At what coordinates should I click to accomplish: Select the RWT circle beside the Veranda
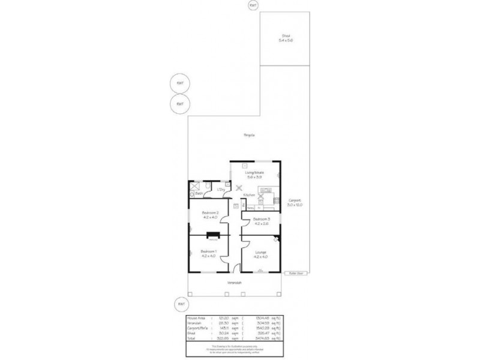click(x=179, y=304)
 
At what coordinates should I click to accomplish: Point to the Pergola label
click(x=249, y=135)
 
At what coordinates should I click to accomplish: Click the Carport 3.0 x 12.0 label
click(x=295, y=203)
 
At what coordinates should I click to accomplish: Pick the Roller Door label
click(x=294, y=274)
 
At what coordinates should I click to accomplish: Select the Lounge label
click(x=260, y=254)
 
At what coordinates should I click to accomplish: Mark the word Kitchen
click(x=249, y=196)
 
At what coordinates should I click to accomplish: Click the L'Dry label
click(x=220, y=190)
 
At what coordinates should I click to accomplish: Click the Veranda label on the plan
click(x=235, y=283)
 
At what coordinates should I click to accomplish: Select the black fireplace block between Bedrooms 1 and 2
click(x=212, y=235)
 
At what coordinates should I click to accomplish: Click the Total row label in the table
click(x=192, y=337)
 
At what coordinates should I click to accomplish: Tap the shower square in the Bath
click(x=195, y=187)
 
